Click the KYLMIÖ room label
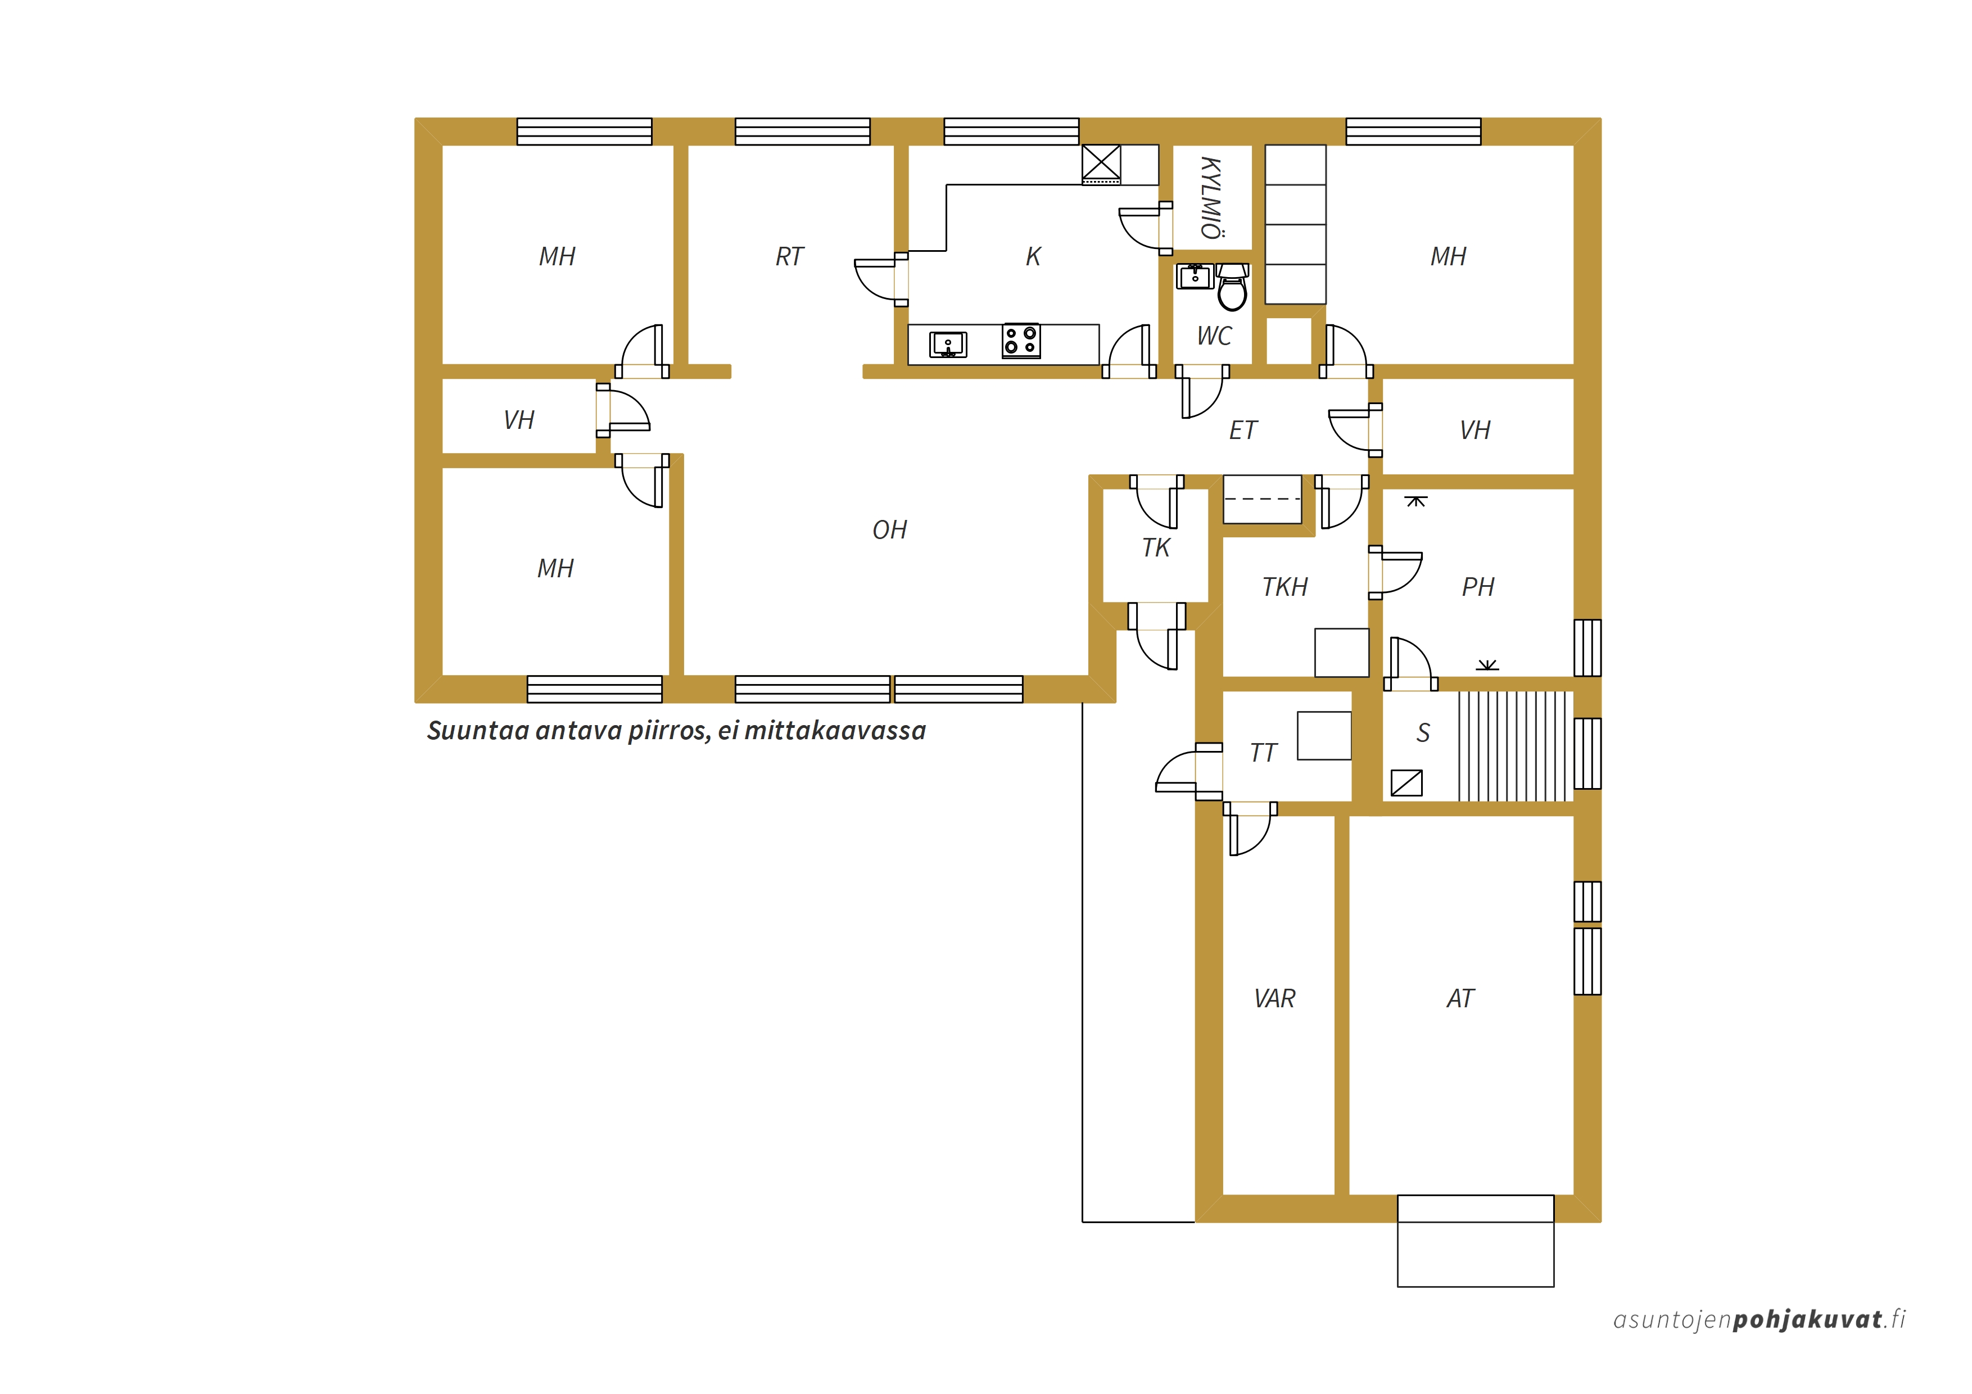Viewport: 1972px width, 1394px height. click(1212, 197)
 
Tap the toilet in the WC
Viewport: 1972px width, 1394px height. click(1232, 287)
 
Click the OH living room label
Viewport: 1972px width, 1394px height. click(890, 530)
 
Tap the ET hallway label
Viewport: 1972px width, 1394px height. click(1243, 431)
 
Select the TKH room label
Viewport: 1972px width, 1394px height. click(1285, 587)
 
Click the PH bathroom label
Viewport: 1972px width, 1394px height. click(1478, 587)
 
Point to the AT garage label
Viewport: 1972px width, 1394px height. click(1460, 998)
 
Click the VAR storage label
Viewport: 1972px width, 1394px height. click(1274, 998)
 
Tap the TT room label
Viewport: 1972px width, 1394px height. click(1264, 753)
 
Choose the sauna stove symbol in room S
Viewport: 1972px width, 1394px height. click(1406, 782)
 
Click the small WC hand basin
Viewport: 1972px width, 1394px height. click(1195, 277)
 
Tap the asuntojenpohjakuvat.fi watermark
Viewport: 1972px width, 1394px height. click(1759, 1319)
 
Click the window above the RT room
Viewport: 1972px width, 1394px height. click(802, 132)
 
